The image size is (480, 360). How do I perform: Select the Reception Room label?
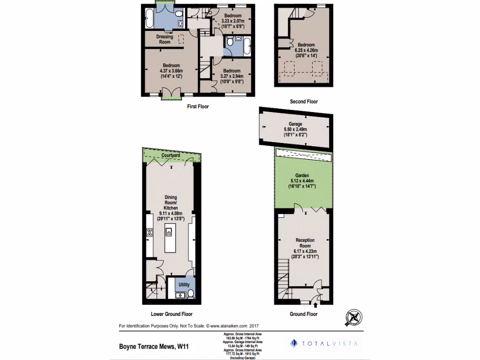tap(305, 243)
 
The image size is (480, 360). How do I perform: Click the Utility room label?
tap(184, 285)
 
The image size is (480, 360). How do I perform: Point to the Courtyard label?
tap(170, 155)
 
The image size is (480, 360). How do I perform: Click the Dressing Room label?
tap(164, 39)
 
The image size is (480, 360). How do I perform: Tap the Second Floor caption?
tap(304, 102)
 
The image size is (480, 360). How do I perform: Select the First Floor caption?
tap(197, 106)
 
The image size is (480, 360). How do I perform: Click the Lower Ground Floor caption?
tap(172, 314)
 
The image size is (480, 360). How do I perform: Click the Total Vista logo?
tap(323, 344)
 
